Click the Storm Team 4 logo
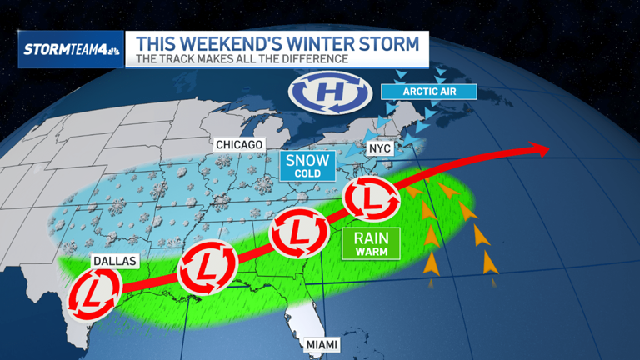pos(70,49)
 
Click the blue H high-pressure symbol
pos(323,94)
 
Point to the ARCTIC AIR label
pos(428,90)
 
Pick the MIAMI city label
pos(322,343)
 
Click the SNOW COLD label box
pos(308,164)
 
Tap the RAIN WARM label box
pos(372,242)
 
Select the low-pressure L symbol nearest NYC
pos(367,198)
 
